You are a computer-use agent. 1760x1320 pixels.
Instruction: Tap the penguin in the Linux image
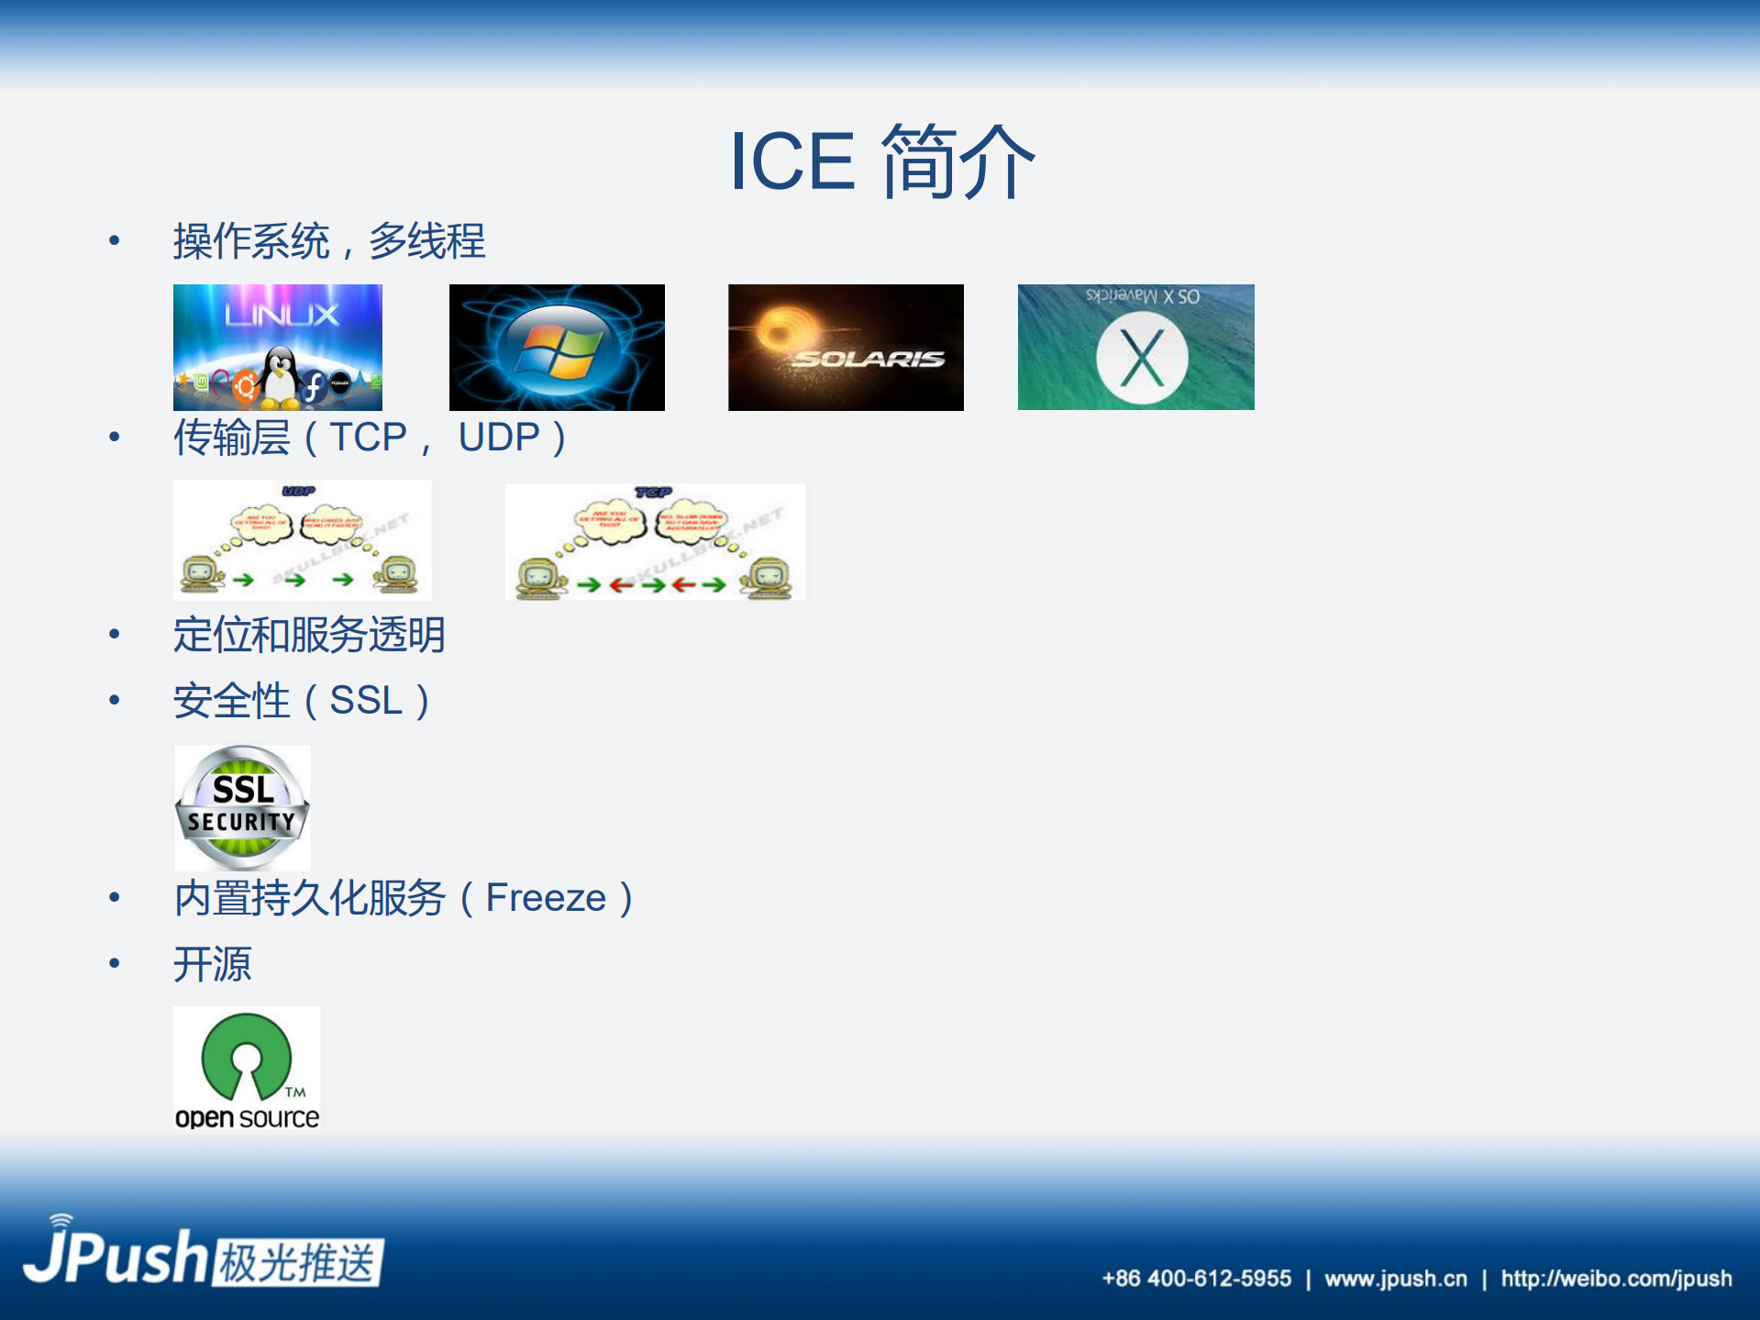280,377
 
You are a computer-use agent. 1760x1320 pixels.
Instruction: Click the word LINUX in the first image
282,316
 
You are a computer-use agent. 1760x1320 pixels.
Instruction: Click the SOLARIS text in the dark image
868,359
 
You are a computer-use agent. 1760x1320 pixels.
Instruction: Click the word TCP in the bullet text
368,438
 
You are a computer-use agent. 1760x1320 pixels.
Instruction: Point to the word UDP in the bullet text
499,438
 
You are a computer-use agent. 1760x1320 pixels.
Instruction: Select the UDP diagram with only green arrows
302,540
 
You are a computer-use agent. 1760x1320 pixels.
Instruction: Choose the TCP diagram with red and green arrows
655,542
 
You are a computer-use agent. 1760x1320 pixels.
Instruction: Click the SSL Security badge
242,807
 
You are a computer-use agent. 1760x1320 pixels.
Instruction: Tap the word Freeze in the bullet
546,898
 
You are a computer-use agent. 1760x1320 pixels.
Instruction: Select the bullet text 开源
212,964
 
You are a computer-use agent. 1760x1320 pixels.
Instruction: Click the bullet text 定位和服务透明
309,635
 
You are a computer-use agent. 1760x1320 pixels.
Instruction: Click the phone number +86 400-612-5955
1196,1279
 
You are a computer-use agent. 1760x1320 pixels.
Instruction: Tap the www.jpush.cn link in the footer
1395,1279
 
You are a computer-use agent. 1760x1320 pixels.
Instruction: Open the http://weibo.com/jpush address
1616,1279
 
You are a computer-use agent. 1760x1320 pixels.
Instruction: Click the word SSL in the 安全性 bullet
366,701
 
